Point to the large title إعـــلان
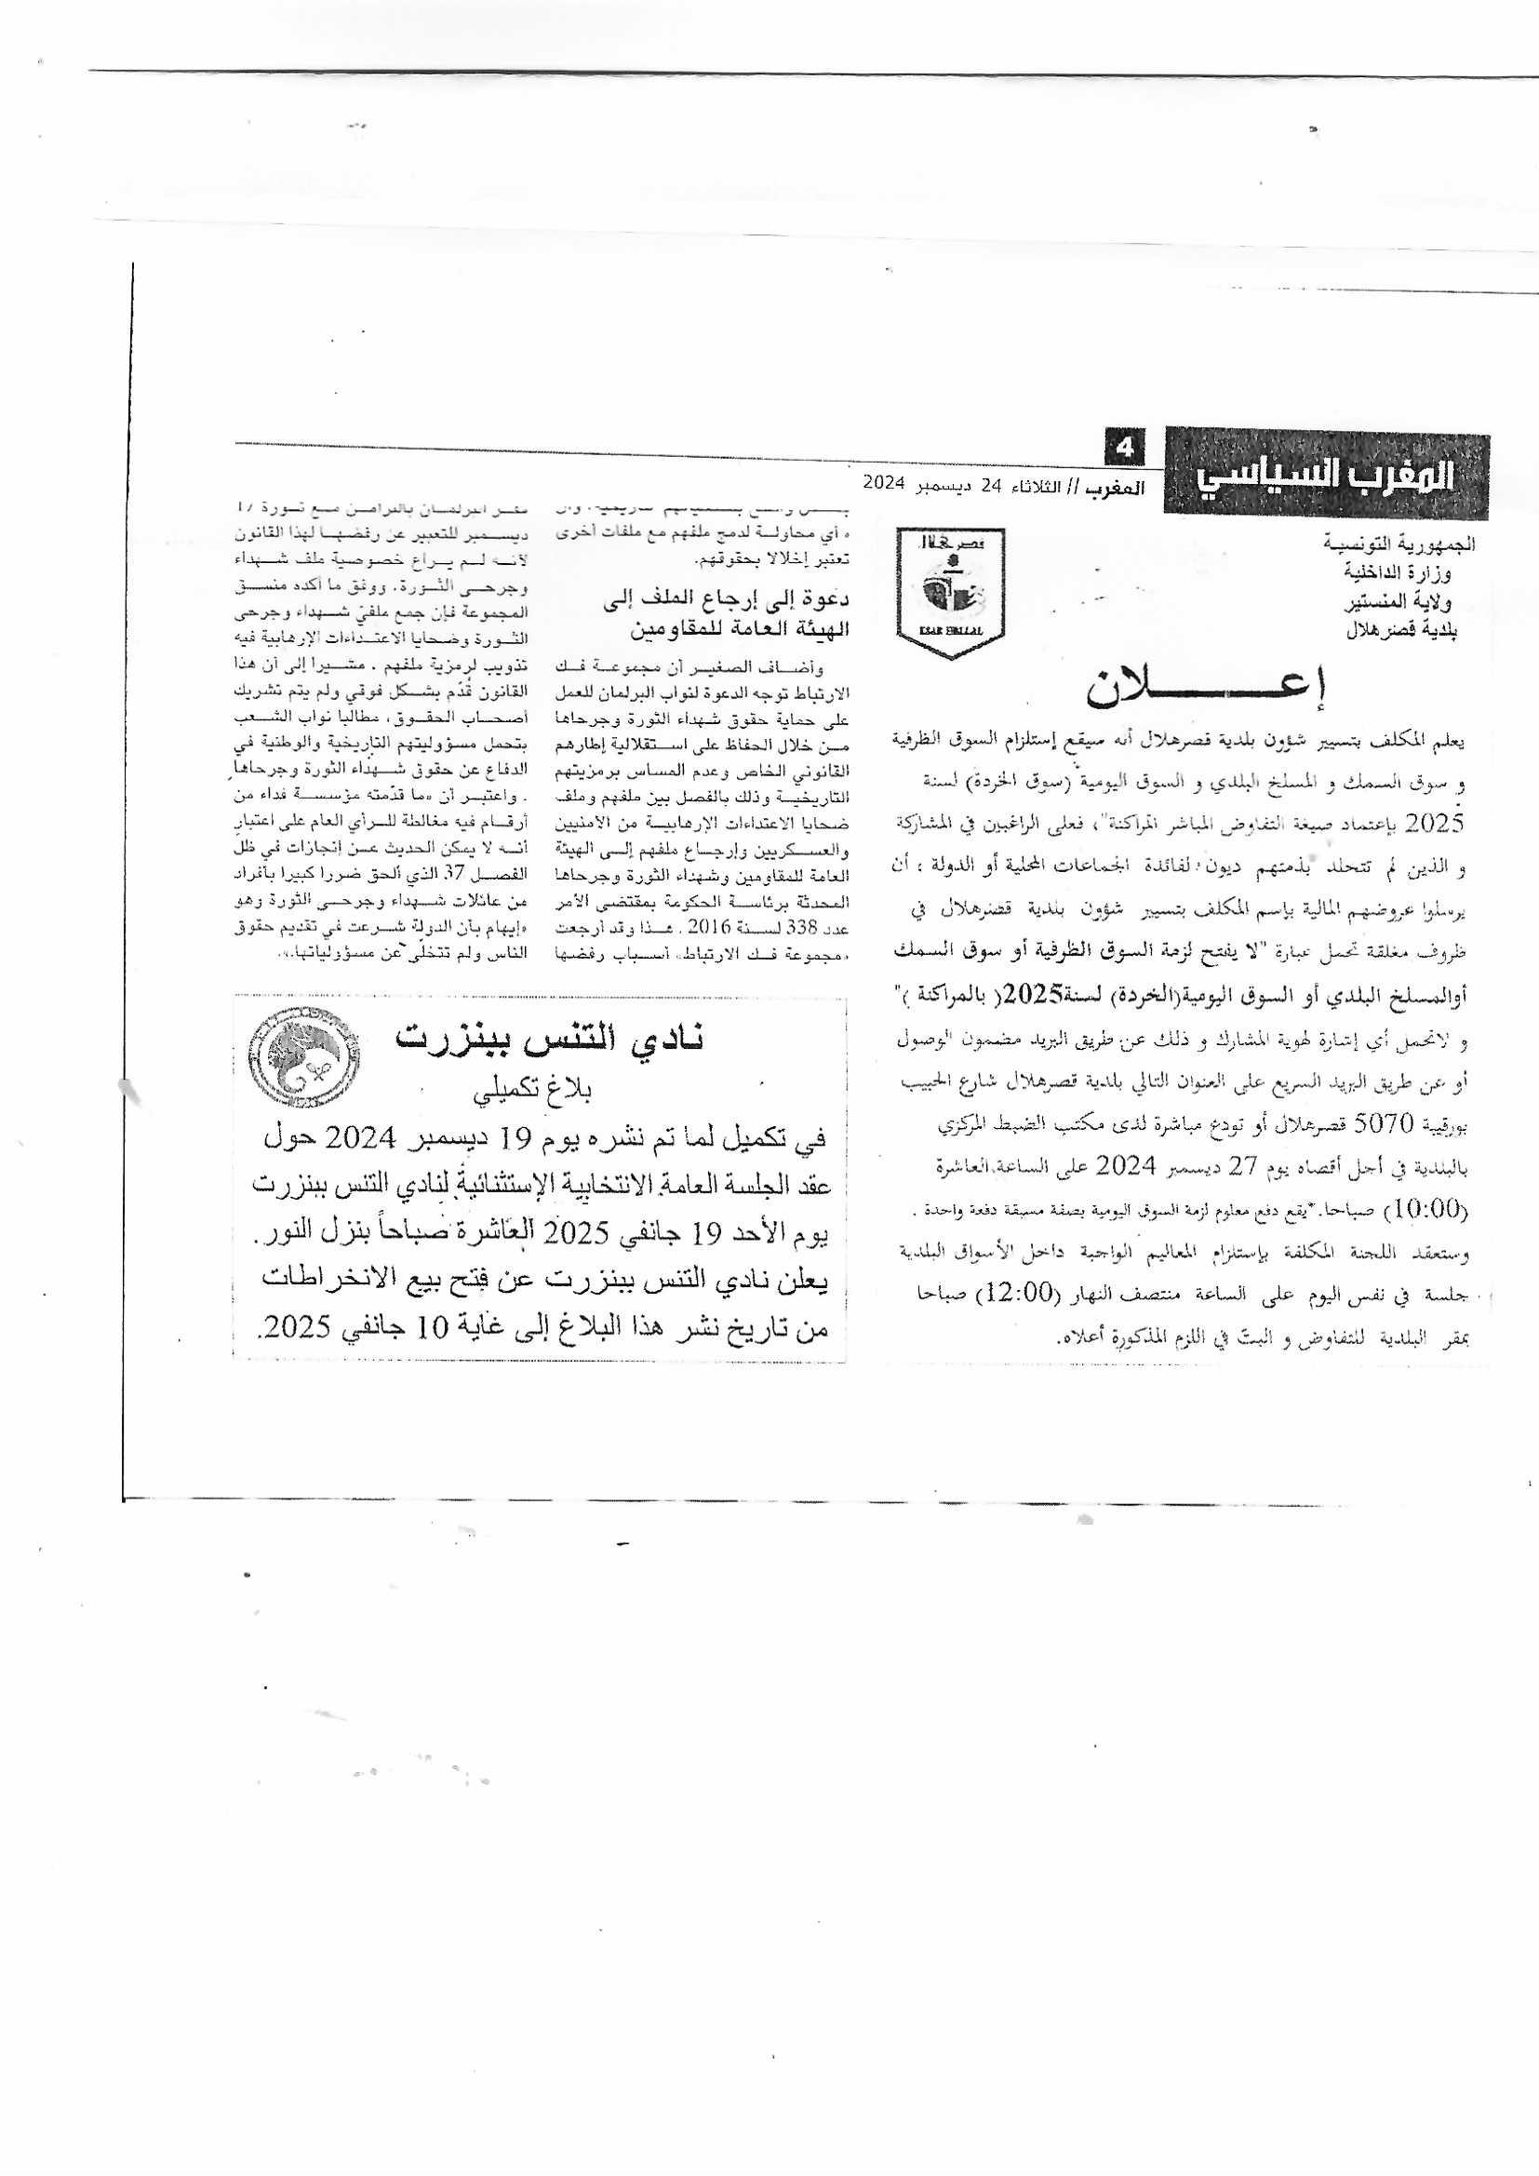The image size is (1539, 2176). pos(1204,690)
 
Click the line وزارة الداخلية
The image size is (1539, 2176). pos(1398,572)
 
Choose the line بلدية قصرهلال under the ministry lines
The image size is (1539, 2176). pos(1401,631)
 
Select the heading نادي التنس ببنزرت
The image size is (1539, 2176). pos(551,1039)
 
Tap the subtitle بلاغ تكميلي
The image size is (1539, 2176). pos(533,1092)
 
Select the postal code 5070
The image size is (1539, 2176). pos(1385,1125)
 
